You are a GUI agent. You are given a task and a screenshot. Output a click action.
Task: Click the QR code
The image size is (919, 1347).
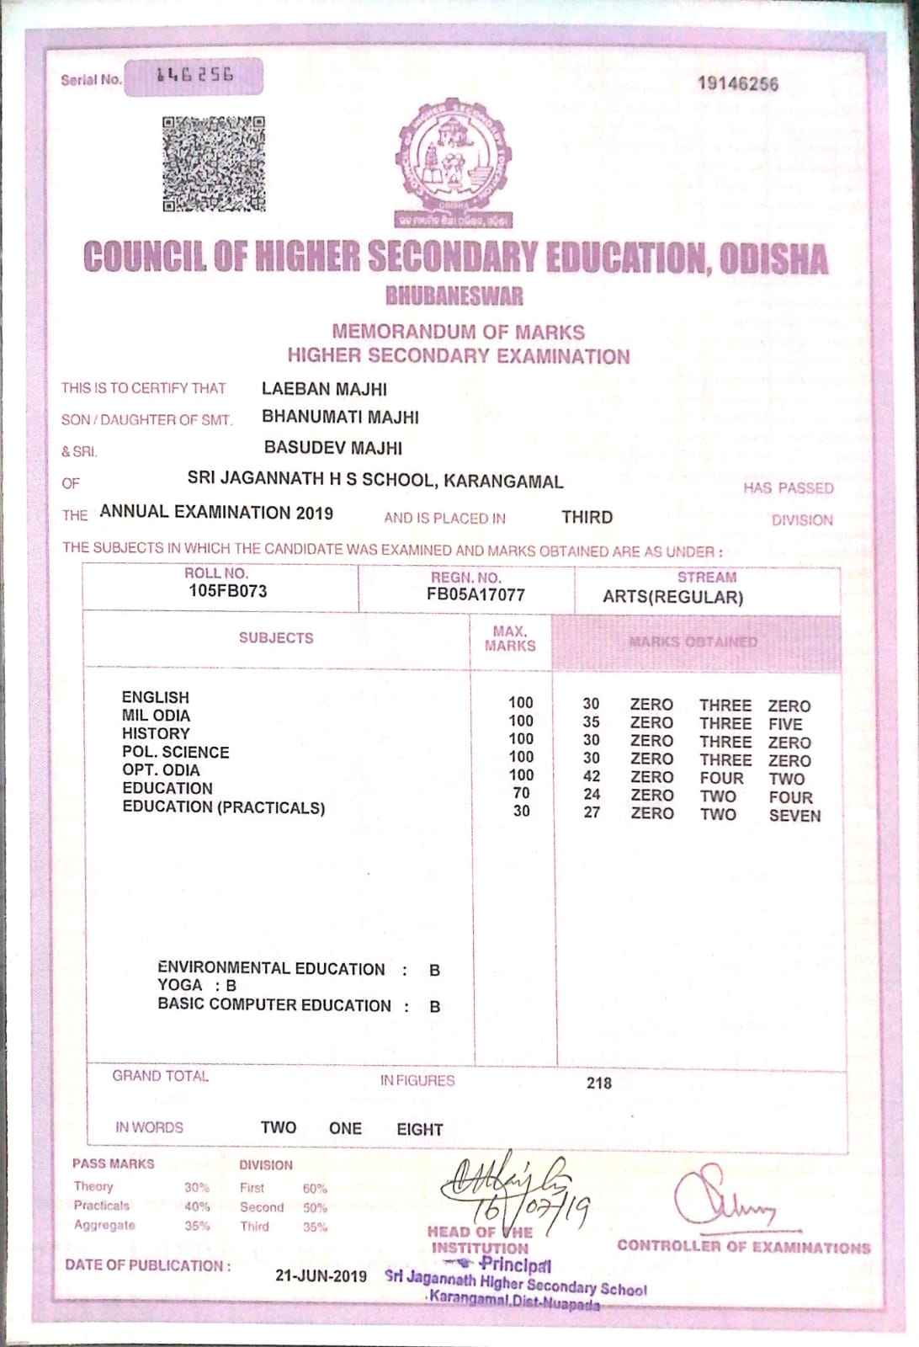[214, 163]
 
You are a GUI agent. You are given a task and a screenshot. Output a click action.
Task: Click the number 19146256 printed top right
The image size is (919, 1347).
[738, 83]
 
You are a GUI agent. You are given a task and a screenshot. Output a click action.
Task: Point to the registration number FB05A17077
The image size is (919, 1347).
[475, 594]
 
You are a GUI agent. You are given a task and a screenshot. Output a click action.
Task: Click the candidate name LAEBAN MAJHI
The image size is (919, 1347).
[324, 389]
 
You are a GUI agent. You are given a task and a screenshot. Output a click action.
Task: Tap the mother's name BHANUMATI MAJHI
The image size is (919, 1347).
[340, 417]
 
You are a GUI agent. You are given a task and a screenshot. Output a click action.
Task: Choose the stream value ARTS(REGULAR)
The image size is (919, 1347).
[672, 598]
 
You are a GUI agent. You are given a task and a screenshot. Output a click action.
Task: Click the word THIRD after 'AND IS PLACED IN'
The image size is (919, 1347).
[587, 517]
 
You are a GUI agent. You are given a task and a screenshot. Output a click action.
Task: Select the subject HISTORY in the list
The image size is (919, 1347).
[156, 733]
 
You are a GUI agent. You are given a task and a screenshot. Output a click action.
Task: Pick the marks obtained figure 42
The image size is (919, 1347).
[592, 777]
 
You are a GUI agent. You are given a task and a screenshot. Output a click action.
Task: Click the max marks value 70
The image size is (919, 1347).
[522, 793]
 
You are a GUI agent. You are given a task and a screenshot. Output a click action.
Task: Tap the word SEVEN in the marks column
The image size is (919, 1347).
[794, 815]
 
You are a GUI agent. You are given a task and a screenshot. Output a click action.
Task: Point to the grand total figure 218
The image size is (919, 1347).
[599, 1083]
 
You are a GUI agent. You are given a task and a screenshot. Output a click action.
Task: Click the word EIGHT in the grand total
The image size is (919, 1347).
[419, 1129]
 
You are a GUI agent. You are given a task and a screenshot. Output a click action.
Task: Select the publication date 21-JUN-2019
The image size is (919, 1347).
[321, 1275]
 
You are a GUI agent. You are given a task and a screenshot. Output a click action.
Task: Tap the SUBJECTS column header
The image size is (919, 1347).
[276, 638]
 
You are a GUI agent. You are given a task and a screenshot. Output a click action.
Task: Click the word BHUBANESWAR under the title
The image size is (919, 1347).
[454, 296]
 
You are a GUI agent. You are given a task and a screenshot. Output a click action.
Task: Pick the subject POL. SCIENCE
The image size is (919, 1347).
[175, 752]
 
